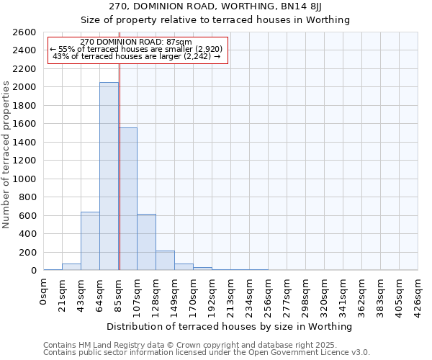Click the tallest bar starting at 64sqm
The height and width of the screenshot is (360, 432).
(x=109, y=176)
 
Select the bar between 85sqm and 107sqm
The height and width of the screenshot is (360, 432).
(x=128, y=199)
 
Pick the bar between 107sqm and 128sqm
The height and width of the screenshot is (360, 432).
(x=146, y=242)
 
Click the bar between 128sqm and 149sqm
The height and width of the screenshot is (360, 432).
(x=165, y=261)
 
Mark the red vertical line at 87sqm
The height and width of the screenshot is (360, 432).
(x=120, y=144)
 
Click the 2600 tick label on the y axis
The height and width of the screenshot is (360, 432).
(x=24, y=32)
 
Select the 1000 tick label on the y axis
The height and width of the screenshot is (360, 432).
(x=24, y=179)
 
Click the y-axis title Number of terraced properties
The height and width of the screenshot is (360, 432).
(x=7, y=155)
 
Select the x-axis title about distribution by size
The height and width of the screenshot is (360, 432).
(x=230, y=326)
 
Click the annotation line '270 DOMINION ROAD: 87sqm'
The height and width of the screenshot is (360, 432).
(x=136, y=42)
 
